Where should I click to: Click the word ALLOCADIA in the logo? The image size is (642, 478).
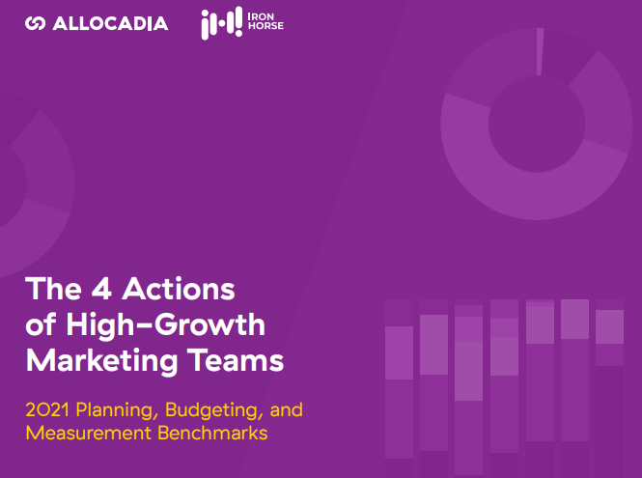[109, 23]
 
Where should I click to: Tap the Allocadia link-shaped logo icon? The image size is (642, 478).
[35, 23]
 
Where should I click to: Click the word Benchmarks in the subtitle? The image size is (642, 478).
[216, 433]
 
